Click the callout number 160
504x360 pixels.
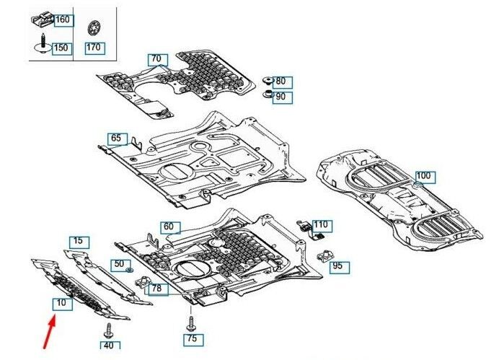pos(62,19)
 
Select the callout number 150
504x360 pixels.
pos(61,48)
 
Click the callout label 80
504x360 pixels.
pos(280,82)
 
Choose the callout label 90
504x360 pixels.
pos(280,96)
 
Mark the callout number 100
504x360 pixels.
pos(423,175)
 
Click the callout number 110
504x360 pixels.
pos(320,225)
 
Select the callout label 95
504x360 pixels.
pos(337,266)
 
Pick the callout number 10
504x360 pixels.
pos(63,303)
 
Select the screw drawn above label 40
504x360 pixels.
pos(109,331)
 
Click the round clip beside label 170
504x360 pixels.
pos(92,31)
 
